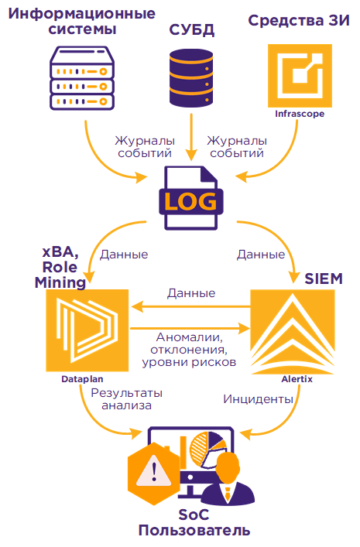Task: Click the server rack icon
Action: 82,78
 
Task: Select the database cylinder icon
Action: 191,78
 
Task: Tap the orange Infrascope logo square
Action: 300,76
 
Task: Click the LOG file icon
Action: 191,198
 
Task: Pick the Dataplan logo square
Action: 87,330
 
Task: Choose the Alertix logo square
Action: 293,332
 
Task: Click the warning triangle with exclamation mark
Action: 154,470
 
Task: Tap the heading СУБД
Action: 192,30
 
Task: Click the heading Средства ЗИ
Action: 299,21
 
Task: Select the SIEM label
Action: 324,279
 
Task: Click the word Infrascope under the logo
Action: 300,114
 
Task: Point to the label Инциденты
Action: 258,398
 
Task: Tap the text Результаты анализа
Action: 127,399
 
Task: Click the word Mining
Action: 60,282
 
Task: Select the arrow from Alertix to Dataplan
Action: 191,307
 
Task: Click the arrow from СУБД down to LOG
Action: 191,137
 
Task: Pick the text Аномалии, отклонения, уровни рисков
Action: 189,350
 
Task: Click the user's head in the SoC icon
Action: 228,465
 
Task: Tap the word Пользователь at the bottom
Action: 194,531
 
